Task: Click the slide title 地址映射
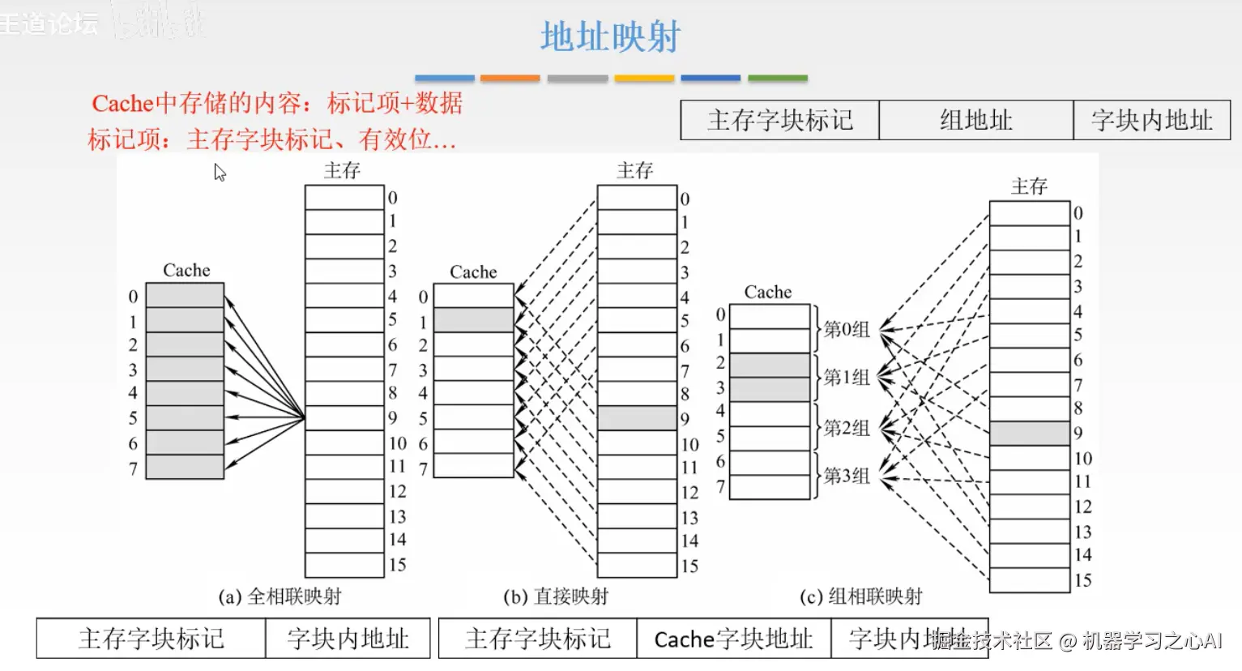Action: click(x=610, y=37)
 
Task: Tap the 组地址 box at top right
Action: click(x=975, y=121)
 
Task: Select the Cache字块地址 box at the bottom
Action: click(x=733, y=639)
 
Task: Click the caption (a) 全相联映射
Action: click(x=280, y=597)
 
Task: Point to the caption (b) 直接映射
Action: click(x=556, y=597)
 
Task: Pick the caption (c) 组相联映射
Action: click(x=860, y=597)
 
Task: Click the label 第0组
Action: click(x=847, y=329)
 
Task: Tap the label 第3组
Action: click(x=847, y=476)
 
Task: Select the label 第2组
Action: click(x=847, y=428)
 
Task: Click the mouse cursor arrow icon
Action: click(x=219, y=172)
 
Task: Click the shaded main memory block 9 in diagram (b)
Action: click(x=637, y=418)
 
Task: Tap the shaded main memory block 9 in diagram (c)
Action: click(x=1029, y=433)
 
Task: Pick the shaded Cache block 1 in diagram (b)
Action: click(x=473, y=320)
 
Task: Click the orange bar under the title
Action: click(x=510, y=79)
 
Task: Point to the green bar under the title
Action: click(x=777, y=79)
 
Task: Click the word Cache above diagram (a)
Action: click(x=186, y=271)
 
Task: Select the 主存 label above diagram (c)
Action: click(x=1029, y=187)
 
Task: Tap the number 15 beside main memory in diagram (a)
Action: click(x=397, y=565)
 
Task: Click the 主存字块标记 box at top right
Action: click(x=779, y=121)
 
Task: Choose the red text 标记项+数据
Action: click(x=395, y=104)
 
